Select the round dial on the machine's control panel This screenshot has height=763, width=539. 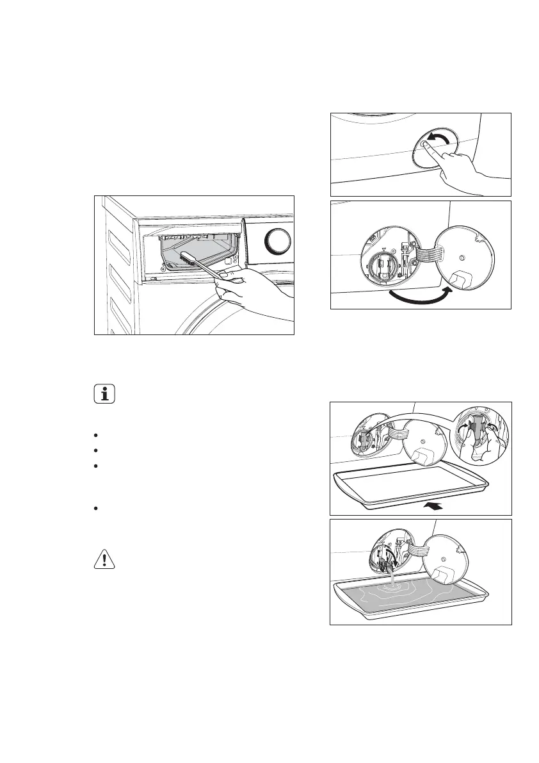[277, 241]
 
